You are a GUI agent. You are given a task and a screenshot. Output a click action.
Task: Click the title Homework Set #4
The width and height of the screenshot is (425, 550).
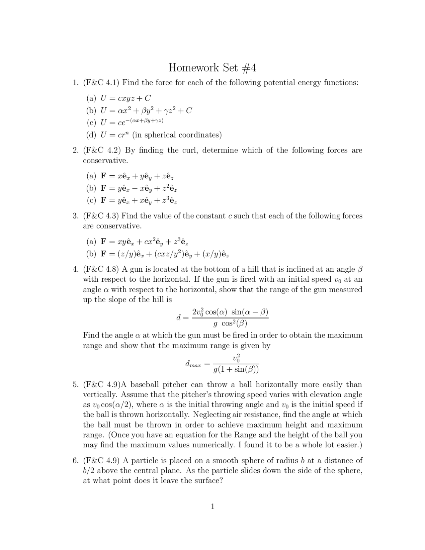[212, 68]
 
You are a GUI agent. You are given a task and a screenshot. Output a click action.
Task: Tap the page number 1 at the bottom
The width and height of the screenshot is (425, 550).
[212, 506]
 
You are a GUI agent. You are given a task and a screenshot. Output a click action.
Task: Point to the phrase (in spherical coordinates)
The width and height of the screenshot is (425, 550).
[177, 135]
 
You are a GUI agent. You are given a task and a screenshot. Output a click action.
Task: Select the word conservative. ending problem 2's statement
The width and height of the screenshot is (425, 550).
[105, 160]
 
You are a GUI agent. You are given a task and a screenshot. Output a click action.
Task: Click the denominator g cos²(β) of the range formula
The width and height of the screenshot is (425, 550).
[230, 323]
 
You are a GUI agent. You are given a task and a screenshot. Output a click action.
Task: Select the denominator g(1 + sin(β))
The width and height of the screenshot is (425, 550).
[236, 369]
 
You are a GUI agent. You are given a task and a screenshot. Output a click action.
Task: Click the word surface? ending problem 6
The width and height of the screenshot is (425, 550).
[206, 481]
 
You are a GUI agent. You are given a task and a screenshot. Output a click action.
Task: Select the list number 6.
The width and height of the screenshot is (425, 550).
[75, 460]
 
